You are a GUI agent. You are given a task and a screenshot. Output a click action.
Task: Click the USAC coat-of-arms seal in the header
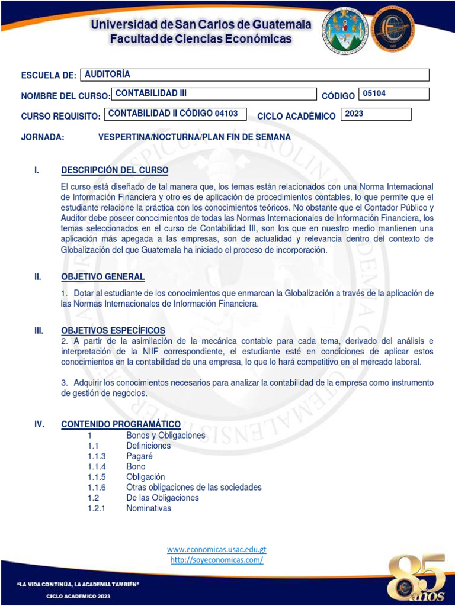(x=347, y=30)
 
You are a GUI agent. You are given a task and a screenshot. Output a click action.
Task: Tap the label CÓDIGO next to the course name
(x=338, y=96)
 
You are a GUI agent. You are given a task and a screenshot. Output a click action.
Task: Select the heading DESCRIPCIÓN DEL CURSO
(x=115, y=170)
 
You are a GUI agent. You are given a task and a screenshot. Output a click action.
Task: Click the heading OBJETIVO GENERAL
(x=103, y=277)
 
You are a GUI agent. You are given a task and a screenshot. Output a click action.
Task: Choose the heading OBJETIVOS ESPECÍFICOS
(x=113, y=330)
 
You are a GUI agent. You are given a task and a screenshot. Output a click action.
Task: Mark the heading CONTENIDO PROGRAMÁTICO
(x=121, y=424)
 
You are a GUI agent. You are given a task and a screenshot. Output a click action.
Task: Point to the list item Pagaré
(x=139, y=456)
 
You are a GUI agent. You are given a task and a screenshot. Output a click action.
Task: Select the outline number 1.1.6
(x=97, y=487)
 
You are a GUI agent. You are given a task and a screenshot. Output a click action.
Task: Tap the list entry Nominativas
(x=149, y=508)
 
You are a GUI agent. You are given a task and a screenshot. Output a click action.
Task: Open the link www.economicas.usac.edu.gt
(x=217, y=549)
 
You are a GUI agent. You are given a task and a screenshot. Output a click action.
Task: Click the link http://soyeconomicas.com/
(x=217, y=559)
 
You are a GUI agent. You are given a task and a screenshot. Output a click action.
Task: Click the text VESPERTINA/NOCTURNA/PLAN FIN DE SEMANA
(x=194, y=137)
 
